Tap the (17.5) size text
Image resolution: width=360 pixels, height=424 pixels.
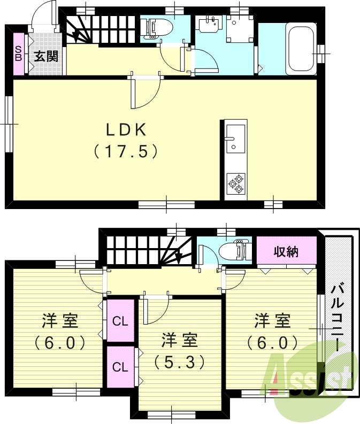(x=126, y=152)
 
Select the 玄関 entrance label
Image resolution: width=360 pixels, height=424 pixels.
(x=47, y=56)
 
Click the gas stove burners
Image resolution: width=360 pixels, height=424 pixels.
(x=235, y=183)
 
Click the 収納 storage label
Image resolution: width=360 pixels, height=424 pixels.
(x=286, y=251)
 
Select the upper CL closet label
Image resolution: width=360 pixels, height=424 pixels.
(x=120, y=321)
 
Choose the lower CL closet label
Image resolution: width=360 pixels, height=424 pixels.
(x=120, y=367)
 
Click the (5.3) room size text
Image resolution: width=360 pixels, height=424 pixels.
(x=180, y=363)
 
